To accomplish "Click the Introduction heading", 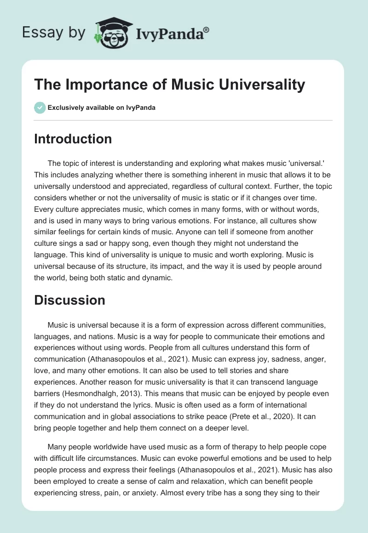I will (73, 139).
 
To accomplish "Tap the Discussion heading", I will (69, 300).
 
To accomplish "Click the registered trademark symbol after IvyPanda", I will (207, 29).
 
